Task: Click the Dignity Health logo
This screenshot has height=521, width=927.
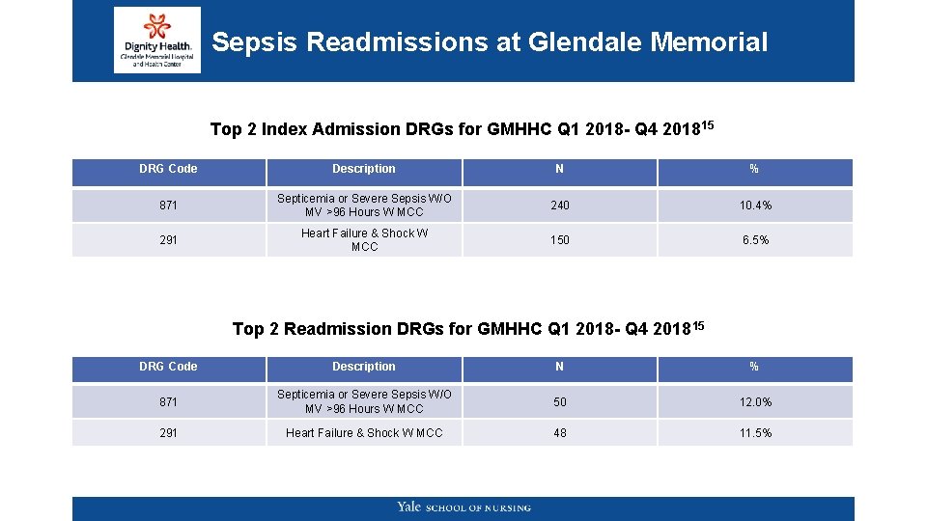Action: [x=156, y=41]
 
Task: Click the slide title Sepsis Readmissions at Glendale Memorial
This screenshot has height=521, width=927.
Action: [x=490, y=42]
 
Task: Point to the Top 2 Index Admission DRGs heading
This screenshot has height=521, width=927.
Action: [x=462, y=128]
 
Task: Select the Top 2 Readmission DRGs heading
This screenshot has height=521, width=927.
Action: [x=468, y=328]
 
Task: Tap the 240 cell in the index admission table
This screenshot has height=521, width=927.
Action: [x=560, y=206]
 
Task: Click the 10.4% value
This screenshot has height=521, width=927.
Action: [x=755, y=206]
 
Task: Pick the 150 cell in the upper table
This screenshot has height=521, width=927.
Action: [x=560, y=240]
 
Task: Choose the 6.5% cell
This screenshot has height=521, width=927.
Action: [x=755, y=240]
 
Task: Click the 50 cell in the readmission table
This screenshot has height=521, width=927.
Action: [x=560, y=401]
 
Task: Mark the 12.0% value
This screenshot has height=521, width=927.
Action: [x=755, y=401]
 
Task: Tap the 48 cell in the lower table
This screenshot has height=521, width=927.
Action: [x=560, y=433]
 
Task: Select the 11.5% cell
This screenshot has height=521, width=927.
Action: [x=755, y=433]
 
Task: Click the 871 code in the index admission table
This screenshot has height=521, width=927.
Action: [x=168, y=206]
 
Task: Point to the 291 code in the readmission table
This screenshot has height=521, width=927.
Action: [x=168, y=433]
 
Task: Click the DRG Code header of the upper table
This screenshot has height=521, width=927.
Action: [x=168, y=169]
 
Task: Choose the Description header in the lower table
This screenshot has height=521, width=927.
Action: [x=364, y=367]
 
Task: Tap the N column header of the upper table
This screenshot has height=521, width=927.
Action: [x=560, y=169]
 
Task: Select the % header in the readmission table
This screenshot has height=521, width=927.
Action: [x=755, y=367]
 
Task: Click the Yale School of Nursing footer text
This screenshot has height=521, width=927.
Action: [x=463, y=507]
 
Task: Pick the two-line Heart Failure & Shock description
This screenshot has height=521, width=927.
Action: [x=364, y=240]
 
